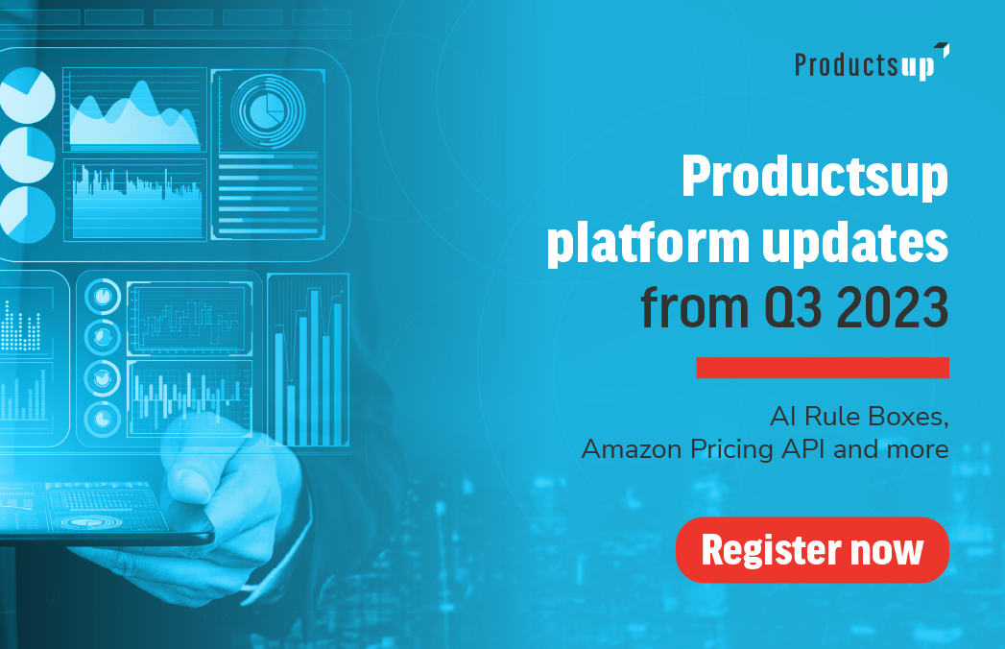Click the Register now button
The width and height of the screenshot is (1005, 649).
[x=812, y=549]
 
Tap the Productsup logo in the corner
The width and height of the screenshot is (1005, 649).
[x=872, y=62]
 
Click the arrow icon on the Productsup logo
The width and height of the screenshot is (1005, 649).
[x=943, y=49]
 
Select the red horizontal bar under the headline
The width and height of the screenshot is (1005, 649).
[x=823, y=368]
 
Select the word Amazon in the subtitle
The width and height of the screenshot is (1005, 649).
[x=632, y=449]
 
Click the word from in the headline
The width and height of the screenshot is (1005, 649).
[x=694, y=307]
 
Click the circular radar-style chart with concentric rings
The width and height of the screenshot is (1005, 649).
[x=267, y=110]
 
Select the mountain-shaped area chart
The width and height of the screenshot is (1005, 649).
[x=134, y=116]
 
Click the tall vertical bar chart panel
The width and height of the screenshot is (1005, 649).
[x=308, y=360]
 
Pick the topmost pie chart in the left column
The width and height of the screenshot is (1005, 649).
[x=26, y=96]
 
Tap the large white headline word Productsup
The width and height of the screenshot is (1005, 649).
[x=815, y=177]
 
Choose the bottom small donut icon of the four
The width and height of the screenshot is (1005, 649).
[x=103, y=419]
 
